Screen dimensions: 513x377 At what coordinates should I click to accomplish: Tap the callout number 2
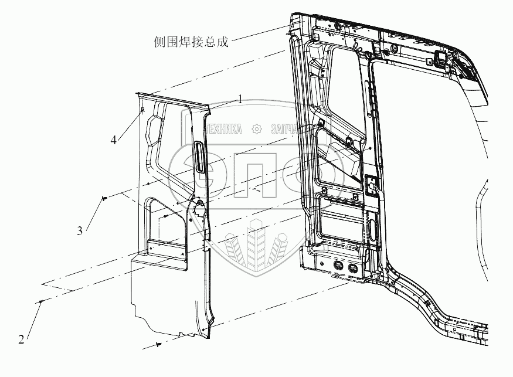(21, 339)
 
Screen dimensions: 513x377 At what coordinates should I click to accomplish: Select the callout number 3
(79, 231)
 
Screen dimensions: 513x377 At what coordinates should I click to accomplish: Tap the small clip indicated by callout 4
(143, 109)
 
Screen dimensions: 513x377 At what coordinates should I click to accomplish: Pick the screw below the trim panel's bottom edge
(159, 345)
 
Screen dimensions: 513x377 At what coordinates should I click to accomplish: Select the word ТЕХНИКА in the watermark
(223, 129)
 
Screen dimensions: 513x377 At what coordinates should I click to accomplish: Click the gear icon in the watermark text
(256, 129)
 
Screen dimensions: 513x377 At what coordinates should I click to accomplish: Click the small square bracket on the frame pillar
(371, 185)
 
